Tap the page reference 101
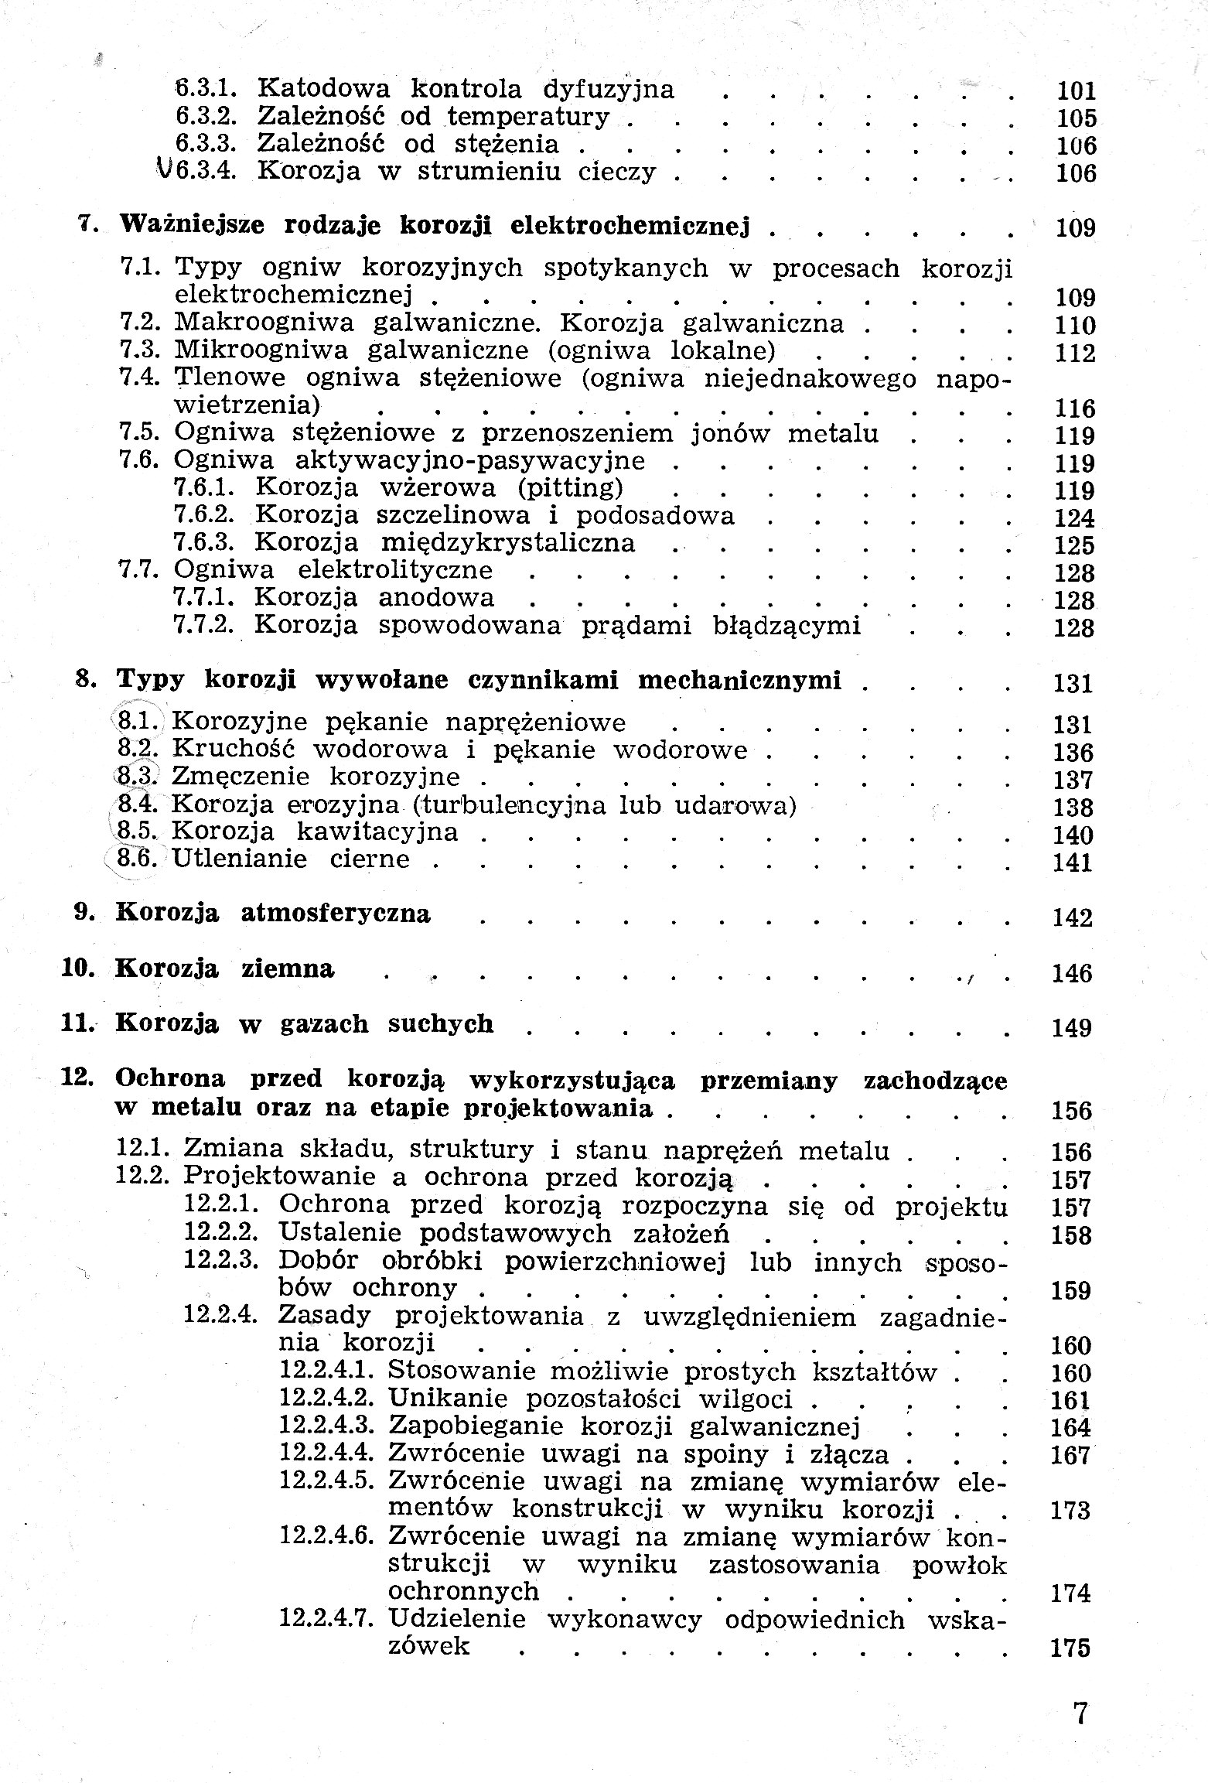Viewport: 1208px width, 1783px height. (1076, 91)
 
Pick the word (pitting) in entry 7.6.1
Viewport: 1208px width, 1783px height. (571, 488)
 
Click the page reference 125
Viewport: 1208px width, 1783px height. (1074, 545)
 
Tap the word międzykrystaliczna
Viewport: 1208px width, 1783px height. (507, 543)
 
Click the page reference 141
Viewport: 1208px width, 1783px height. (1073, 862)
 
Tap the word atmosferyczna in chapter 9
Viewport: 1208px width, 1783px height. (336, 914)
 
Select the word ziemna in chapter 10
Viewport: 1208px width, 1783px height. (288, 969)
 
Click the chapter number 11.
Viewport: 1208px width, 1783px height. (77, 1024)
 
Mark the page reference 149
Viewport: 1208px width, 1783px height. (1071, 1028)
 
